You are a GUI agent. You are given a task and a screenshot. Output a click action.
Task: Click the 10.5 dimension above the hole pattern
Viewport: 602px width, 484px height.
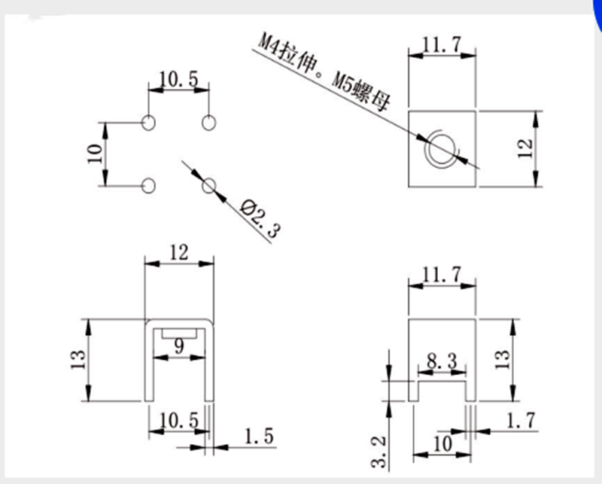point(178,79)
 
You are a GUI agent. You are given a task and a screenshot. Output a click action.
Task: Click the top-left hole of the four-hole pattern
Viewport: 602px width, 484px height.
point(148,122)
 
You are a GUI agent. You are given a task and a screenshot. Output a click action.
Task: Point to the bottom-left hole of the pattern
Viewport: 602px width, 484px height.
point(148,184)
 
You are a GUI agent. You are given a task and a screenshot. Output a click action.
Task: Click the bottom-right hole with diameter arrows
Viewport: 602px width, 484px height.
point(210,184)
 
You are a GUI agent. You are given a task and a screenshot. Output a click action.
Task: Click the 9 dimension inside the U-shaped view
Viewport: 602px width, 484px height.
point(178,347)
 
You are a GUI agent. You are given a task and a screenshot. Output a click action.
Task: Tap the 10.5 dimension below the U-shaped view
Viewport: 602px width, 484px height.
point(178,421)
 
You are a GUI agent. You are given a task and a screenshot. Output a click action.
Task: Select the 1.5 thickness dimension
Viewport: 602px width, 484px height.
point(259,436)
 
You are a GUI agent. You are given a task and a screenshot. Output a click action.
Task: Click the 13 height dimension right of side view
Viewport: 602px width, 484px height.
point(502,359)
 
